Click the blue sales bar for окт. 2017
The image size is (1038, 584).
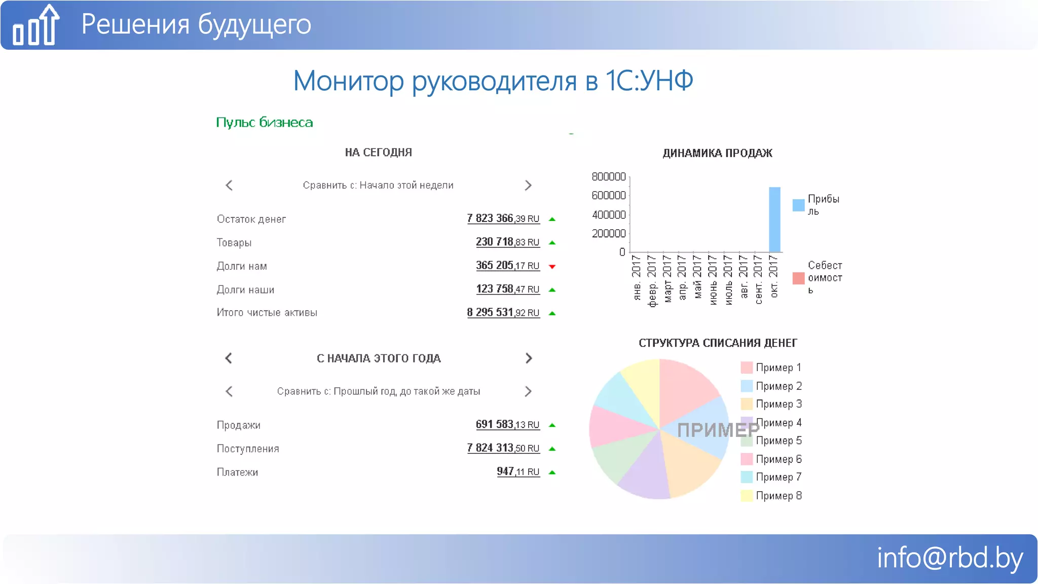tap(774, 220)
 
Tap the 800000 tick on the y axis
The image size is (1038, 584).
tap(609, 176)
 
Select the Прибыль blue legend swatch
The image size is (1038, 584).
tap(798, 205)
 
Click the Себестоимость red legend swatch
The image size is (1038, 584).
tap(798, 278)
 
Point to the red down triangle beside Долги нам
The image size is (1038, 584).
tap(552, 267)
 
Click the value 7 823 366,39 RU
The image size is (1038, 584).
tap(503, 218)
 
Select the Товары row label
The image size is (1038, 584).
tap(234, 243)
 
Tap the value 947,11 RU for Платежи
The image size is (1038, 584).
tap(518, 471)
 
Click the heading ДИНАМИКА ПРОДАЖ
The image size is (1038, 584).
tap(717, 153)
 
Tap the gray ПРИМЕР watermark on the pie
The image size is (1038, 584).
tap(718, 430)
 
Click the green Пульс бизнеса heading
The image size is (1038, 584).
tap(264, 123)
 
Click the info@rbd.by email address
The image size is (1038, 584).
tap(949, 558)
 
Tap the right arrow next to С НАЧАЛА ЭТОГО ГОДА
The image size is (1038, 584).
tap(529, 358)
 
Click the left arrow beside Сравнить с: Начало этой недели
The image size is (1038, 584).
tap(229, 186)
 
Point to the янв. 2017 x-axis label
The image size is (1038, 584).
tap(637, 277)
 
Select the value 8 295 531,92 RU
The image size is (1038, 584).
tap(503, 313)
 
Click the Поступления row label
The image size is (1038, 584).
tap(248, 449)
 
